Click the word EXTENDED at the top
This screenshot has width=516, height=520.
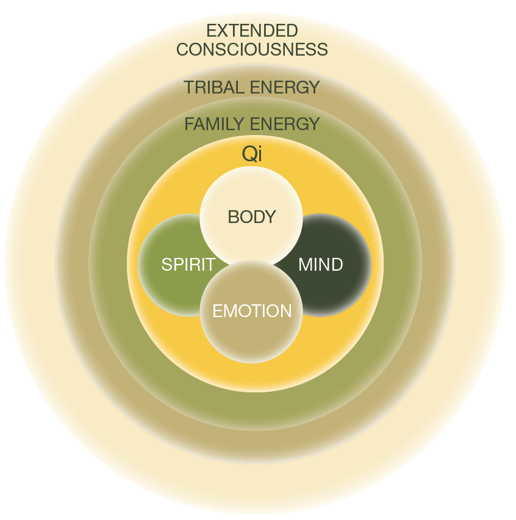(x=252, y=31)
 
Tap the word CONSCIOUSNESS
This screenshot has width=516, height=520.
(x=252, y=49)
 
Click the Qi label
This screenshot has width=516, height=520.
(x=252, y=154)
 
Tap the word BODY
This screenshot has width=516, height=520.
(x=252, y=217)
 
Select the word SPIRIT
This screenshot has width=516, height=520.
(x=188, y=265)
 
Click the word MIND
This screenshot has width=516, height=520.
(x=320, y=265)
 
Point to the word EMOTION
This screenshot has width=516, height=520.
(x=252, y=311)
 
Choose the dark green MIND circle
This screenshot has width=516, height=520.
(x=342, y=287)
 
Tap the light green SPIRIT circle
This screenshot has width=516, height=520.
(x=165, y=287)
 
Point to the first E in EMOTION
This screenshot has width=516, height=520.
(x=217, y=311)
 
